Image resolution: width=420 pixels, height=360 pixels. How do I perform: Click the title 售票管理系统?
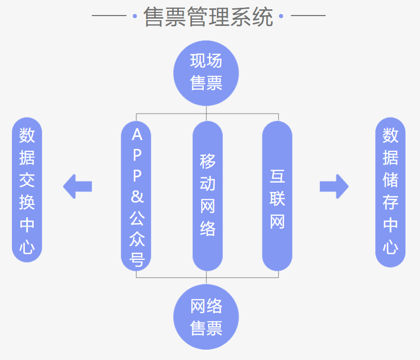pos(208,17)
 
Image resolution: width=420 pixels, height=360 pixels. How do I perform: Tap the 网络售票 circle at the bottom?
pos(206,316)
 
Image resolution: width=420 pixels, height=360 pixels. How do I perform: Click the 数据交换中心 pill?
pos(27,190)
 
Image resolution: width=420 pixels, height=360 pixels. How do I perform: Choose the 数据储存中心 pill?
pos(390,192)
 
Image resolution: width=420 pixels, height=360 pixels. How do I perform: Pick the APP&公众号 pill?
pos(136,196)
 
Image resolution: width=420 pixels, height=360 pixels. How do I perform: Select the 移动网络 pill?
pos(207,196)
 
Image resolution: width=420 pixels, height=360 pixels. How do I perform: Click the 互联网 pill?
pos(277,196)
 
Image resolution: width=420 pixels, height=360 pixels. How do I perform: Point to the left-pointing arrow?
pos(77,186)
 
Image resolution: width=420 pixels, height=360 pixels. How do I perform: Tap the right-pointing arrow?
pos(334,186)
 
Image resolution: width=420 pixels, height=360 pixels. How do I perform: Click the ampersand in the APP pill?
pos(137,197)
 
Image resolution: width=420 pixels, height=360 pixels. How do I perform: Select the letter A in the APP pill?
pos(137,135)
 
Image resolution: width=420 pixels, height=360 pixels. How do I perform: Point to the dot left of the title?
pos(135,16)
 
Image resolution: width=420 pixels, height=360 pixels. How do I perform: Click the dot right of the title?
pos(282,16)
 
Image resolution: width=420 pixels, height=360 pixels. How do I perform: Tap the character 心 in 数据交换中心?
pos(27,247)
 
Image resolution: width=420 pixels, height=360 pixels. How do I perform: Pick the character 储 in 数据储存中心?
pos(390,180)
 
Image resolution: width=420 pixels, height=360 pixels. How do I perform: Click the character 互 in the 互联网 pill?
pos(277,176)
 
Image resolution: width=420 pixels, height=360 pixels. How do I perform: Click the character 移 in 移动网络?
pos(207,161)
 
